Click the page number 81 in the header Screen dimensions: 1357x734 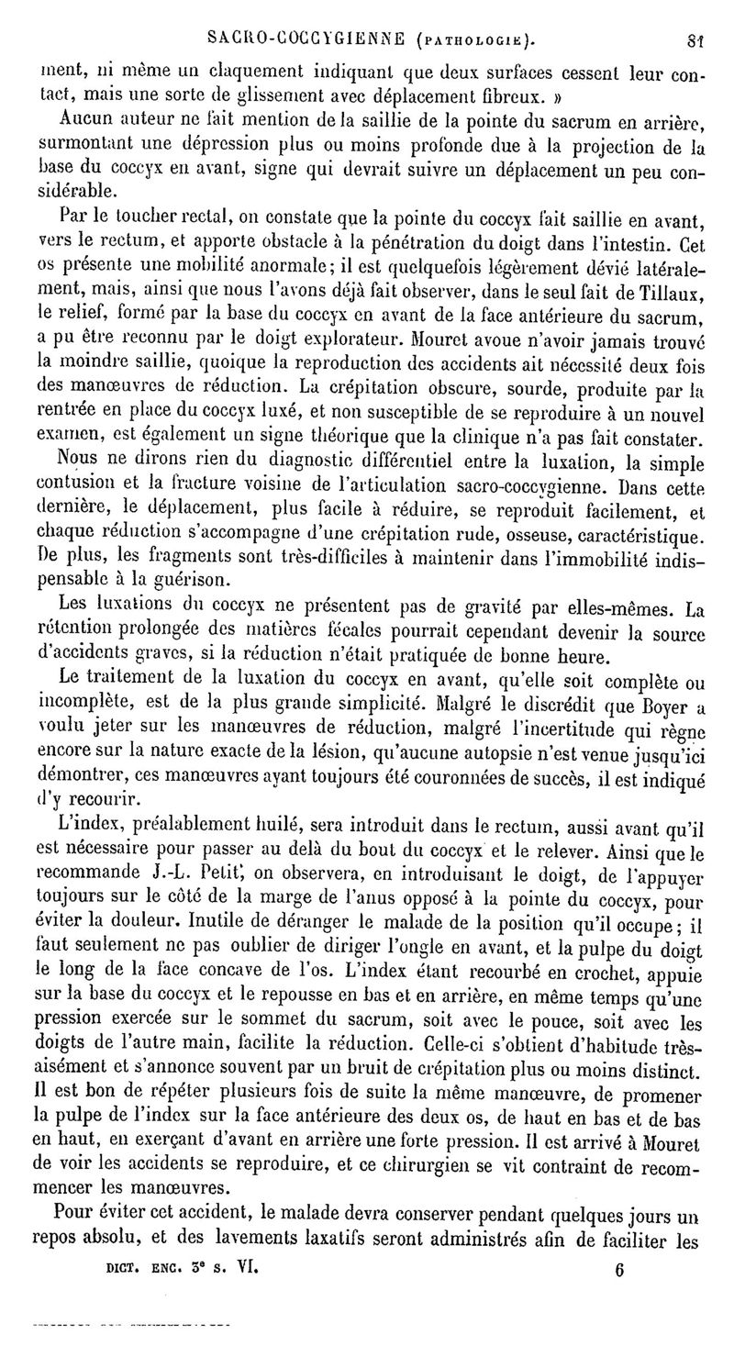pos(694,39)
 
